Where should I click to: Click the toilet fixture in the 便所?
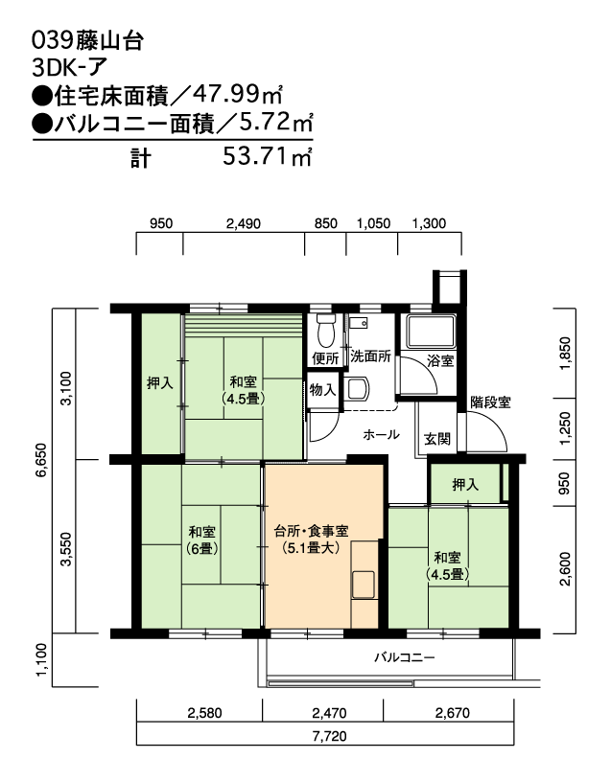(326, 331)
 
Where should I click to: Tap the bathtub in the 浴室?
(431, 332)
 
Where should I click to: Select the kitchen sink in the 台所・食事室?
(364, 585)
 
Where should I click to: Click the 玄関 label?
(437, 439)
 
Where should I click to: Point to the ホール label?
(381, 435)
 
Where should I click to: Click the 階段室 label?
(490, 402)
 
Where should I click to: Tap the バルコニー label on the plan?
(404, 657)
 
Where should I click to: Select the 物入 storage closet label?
(323, 389)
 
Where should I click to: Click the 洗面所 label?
(370, 356)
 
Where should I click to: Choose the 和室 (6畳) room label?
(201, 540)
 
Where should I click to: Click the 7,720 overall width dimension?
(329, 736)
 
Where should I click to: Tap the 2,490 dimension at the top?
(244, 223)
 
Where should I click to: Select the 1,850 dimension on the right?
(565, 354)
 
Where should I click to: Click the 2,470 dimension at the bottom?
(329, 713)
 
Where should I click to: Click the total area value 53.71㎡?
(267, 157)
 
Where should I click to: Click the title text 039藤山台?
(87, 41)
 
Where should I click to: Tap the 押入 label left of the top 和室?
(159, 383)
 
